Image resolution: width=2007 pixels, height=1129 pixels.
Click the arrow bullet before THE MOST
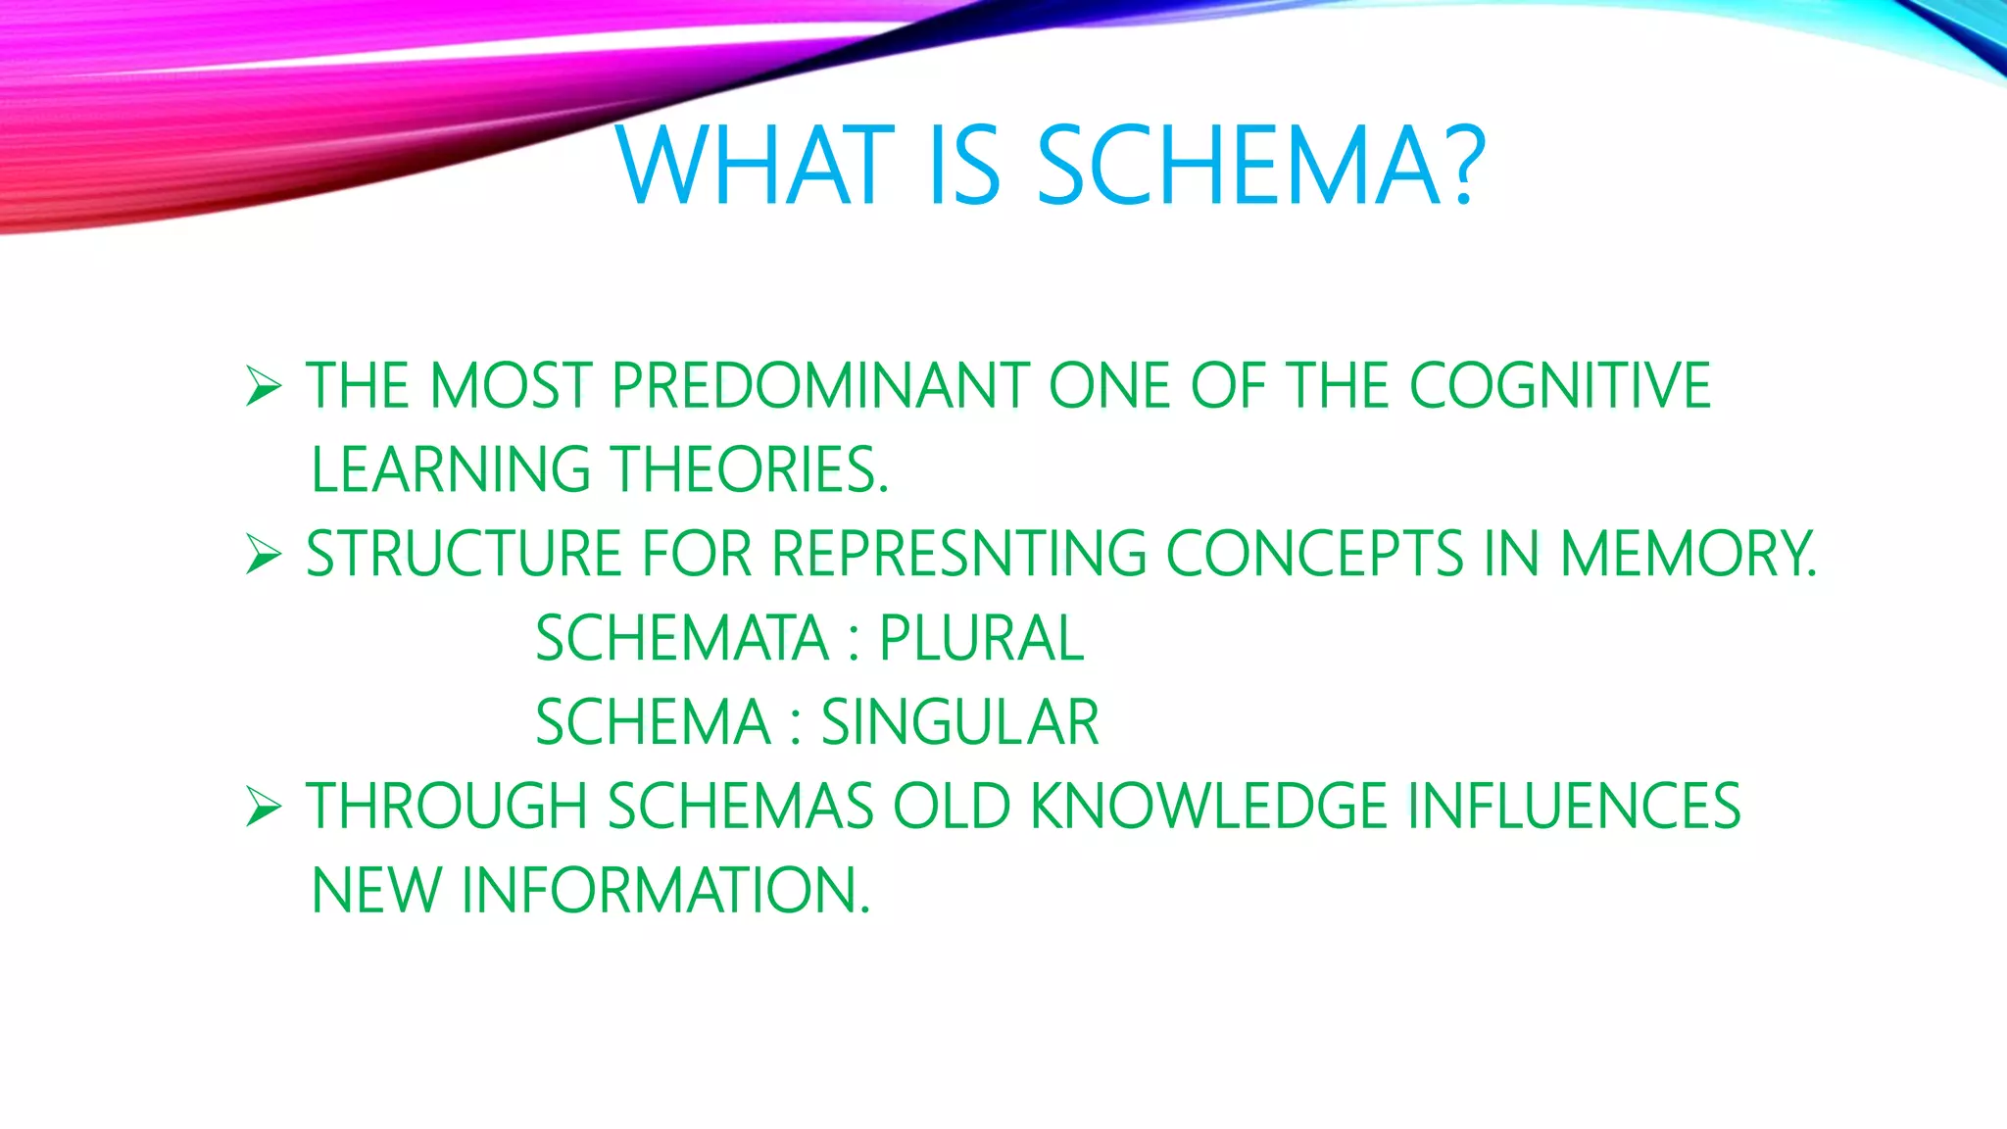[x=264, y=386]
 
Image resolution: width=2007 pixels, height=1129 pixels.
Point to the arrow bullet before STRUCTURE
[x=264, y=555]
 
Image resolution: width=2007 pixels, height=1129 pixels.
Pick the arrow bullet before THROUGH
[x=264, y=807]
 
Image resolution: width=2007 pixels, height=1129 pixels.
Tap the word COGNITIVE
[x=1559, y=385]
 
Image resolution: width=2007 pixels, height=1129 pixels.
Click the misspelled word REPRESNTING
[x=958, y=554]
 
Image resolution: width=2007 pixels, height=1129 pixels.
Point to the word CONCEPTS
[x=1314, y=554]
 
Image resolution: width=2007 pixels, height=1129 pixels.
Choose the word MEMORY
[x=1686, y=554]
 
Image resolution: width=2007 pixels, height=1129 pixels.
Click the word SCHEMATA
[x=682, y=638]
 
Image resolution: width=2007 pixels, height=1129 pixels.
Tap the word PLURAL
[x=981, y=638]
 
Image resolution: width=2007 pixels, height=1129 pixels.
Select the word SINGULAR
[x=959, y=722]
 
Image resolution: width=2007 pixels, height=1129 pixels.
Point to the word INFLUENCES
[x=1573, y=807]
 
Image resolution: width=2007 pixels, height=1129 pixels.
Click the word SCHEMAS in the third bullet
[x=740, y=807]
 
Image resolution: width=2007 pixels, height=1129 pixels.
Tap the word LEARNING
[x=450, y=469]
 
